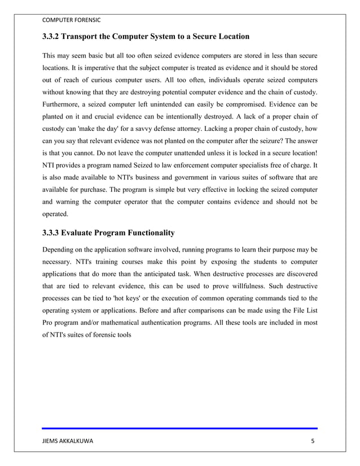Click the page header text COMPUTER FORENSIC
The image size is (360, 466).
72,20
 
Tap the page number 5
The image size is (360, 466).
313,441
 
